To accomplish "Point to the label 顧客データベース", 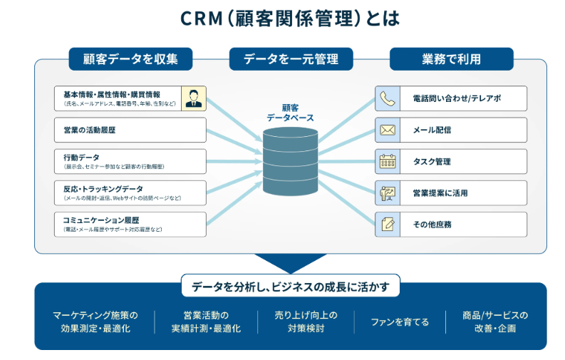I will coord(290,113).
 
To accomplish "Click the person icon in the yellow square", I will coord(193,98).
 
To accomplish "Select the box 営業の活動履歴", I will coord(130,130).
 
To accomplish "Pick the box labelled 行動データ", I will coord(130,161).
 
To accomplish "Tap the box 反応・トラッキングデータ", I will coord(130,192).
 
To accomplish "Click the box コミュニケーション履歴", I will coord(130,224).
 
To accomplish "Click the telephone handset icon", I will coord(388,98).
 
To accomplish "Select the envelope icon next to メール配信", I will coord(388,130).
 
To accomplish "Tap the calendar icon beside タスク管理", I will coord(388,161).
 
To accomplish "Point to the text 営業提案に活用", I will coord(440,192).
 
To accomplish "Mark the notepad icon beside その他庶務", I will coord(388,224).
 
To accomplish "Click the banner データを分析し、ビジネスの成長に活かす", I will coord(291,286).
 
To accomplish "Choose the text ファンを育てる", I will coord(400,322).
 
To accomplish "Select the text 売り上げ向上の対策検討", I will coord(306,322).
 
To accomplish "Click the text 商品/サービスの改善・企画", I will coord(495,322).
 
